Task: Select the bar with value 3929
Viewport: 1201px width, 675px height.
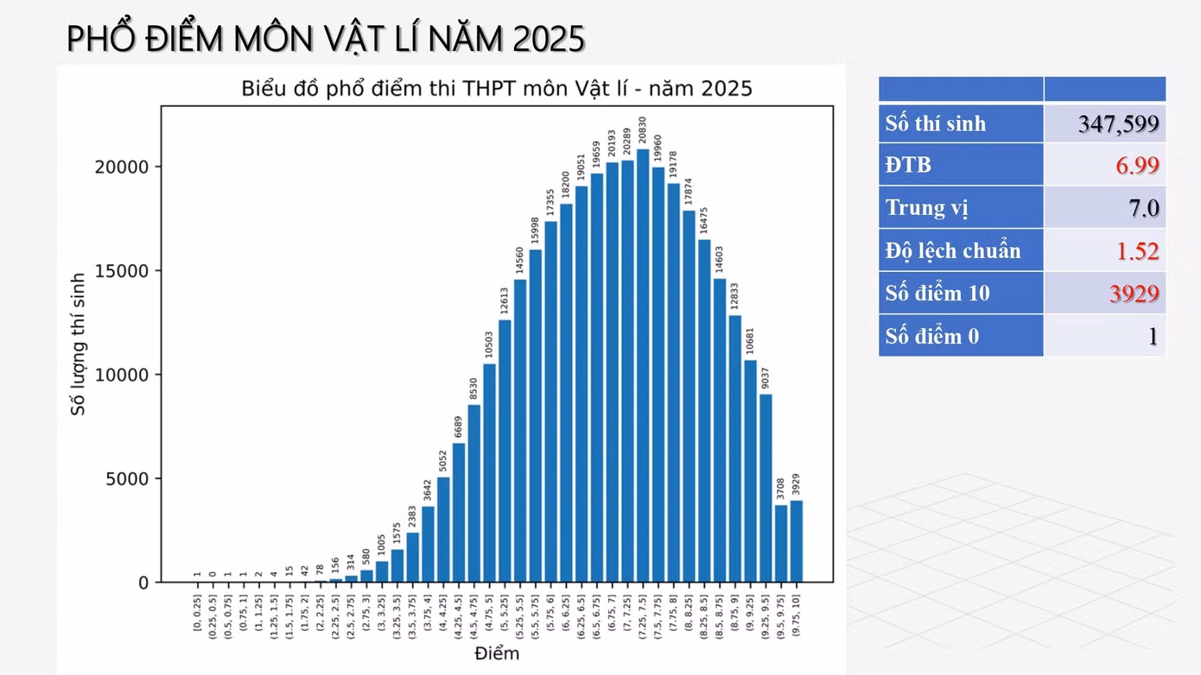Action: pos(796,541)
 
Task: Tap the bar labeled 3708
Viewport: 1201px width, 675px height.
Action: pos(781,544)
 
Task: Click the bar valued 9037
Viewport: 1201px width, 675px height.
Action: pos(766,489)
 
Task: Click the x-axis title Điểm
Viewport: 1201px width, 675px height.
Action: pos(497,653)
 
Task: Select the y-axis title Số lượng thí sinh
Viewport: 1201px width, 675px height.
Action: pos(79,344)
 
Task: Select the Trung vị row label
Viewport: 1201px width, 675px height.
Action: pos(927,208)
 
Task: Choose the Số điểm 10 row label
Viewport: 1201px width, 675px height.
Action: pos(937,293)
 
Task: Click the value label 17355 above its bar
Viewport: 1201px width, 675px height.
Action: pos(551,203)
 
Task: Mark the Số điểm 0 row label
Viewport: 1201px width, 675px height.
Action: pos(932,337)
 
